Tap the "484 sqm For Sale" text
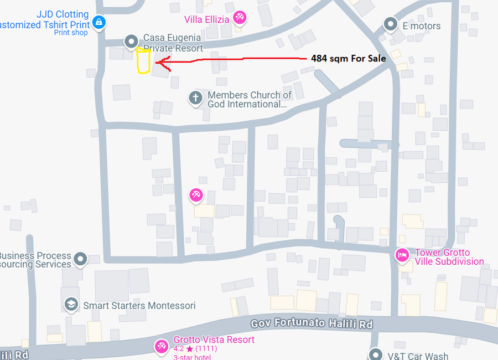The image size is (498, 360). click(348, 58)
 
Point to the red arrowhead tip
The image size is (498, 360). click(157, 63)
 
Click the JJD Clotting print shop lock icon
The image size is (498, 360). click(99, 22)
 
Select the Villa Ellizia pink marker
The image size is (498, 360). click(239, 18)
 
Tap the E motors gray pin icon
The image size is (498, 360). click(391, 24)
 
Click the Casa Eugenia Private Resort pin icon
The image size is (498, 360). click(131, 41)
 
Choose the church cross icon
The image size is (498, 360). click(195, 99)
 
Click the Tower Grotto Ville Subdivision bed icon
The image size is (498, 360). click(401, 255)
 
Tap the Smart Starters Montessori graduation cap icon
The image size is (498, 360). click(71, 304)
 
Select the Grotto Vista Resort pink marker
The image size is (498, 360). click(162, 346)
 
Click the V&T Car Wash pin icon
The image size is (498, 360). click(376, 354)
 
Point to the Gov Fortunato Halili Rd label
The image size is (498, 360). click(312, 324)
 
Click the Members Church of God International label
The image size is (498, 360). click(249, 100)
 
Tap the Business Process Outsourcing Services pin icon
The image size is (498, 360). click(81, 259)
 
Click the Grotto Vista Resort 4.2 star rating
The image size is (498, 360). click(195, 349)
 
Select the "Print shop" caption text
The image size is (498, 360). click(71, 33)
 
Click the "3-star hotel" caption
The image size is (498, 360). click(192, 357)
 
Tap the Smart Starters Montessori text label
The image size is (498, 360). click(139, 305)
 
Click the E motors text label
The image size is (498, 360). click(421, 26)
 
